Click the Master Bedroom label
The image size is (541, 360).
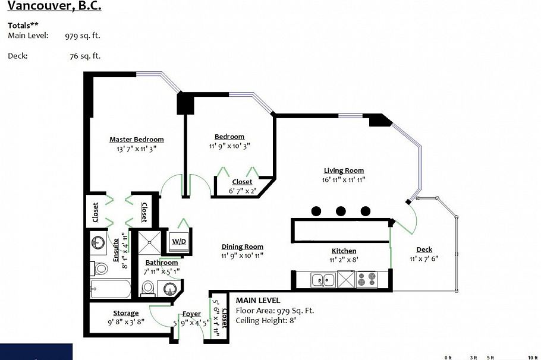(x=136, y=140)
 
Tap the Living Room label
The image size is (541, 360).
(x=344, y=170)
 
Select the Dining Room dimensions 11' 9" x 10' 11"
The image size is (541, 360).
(x=242, y=255)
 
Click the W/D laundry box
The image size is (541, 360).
(x=178, y=242)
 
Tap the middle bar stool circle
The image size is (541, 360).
(x=341, y=210)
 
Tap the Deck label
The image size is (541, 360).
(x=424, y=250)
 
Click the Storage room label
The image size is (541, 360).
(x=125, y=313)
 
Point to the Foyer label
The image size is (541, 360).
(x=191, y=314)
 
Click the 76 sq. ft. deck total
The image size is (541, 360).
(x=85, y=56)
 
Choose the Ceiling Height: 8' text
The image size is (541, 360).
(x=266, y=320)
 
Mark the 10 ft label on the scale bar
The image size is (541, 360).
(x=533, y=357)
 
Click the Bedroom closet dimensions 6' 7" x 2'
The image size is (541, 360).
(x=242, y=190)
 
